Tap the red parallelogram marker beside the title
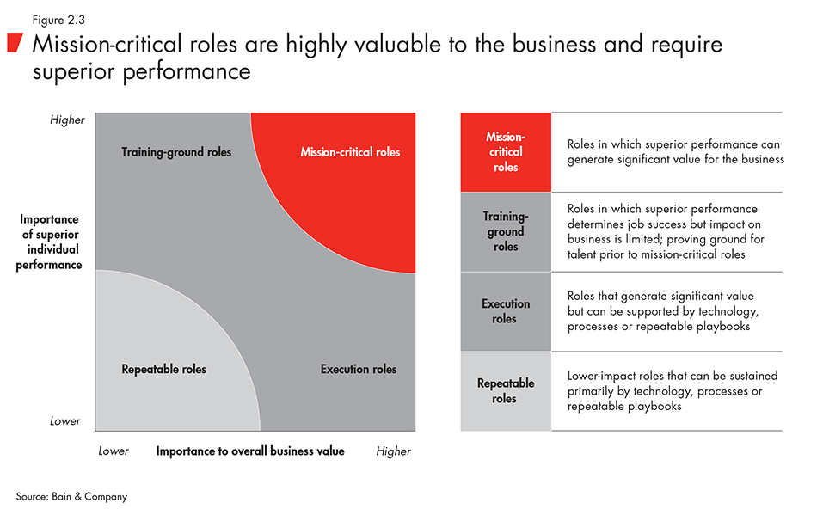pyautogui.click(x=16, y=43)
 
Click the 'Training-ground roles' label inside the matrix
pyautogui.click(x=176, y=152)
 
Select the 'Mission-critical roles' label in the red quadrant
pyautogui.click(x=350, y=152)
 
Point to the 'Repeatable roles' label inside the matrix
pyautogui.click(x=163, y=369)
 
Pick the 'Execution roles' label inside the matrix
pyautogui.click(x=359, y=369)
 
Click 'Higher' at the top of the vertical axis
pyautogui.click(x=66, y=120)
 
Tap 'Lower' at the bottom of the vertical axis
pyautogui.click(x=65, y=420)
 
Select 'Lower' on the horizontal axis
pyautogui.click(x=114, y=451)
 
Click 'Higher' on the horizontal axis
pyautogui.click(x=393, y=451)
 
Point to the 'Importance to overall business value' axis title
pyautogui.click(x=250, y=451)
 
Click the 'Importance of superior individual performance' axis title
pyautogui.click(x=51, y=242)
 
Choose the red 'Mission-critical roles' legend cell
pyautogui.click(x=506, y=151)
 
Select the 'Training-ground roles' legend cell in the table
pyautogui.click(x=506, y=231)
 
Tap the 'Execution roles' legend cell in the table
pyautogui.click(x=506, y=311)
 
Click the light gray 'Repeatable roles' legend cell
pyautogui.click(x=506, y=390)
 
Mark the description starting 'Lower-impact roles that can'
pyautogui.click(x=673, y=390)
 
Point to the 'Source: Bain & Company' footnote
pyautogui.click(x=71, y=496)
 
